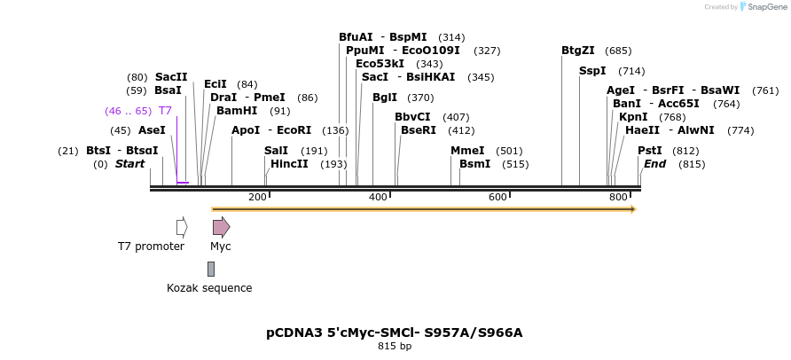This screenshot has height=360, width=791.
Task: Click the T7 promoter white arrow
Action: (x=182, y=227)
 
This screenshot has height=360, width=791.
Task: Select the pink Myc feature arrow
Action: (x=221, y=227)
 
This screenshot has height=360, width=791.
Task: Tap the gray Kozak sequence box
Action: (x=211, y=269)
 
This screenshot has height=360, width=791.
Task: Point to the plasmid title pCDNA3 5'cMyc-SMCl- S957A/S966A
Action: (x=395, y=333)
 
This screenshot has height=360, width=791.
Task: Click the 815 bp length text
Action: (x=395, y=347)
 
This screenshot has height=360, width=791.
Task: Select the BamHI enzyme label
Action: (x=237, y=111)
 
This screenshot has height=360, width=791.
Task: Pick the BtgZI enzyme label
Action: (x=578, y=51)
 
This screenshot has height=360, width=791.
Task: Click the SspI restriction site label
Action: (x=592, y=71)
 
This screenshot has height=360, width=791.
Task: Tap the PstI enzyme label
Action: (x=650, y=151)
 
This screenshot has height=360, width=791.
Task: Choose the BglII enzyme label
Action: (x=385, y=98)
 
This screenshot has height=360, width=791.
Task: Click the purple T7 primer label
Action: (x=165, y=111)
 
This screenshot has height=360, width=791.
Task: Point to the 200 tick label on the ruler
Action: (x=257, y=197)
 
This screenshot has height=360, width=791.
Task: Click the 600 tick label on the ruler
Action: (x=497, y=197)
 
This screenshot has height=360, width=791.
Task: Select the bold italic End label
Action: (x=655, y=164)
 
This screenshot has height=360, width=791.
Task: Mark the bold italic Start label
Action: (x=129, y=164)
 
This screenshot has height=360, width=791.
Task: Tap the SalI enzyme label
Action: (x=277, y=151)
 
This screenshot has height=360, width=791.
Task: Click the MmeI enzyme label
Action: (x=467, y=151)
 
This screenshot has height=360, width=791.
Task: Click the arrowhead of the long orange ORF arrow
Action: (x=632, y=209)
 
